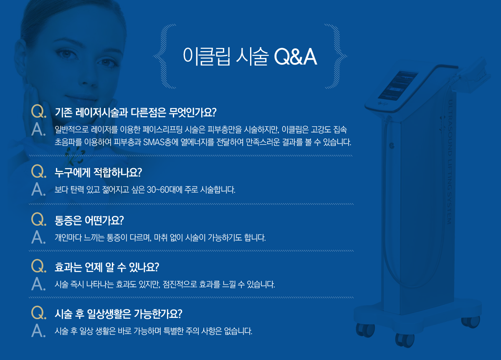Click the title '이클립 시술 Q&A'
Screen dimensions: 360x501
[250, 57]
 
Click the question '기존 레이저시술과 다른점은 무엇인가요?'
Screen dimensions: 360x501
[135, 112]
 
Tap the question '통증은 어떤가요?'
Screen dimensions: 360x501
[90, 219]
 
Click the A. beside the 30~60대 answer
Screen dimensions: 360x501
[38, 190]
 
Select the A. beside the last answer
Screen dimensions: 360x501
[38, 331]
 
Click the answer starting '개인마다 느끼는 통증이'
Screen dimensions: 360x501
[160, 238]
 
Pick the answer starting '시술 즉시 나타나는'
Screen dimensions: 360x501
[165, 285]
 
